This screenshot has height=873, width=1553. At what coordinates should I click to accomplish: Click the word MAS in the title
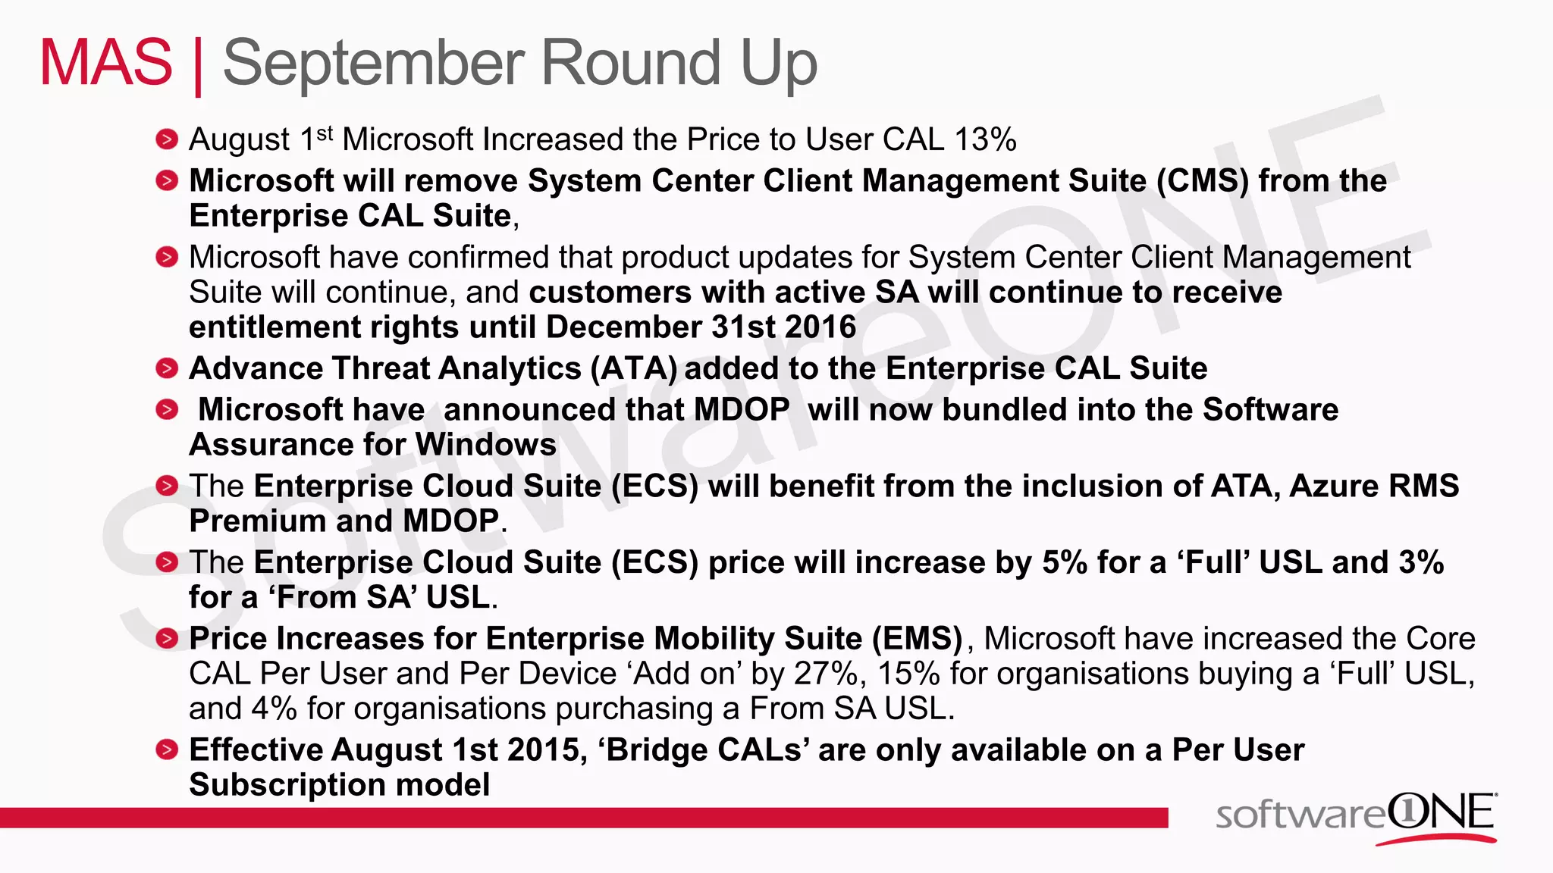pyautogui.click(x=106, y=63)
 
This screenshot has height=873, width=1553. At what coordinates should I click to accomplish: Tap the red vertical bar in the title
pyautogui.click(x=198, y=67)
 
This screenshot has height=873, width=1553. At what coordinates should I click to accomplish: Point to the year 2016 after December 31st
pyautogui.click(x=820, y=327)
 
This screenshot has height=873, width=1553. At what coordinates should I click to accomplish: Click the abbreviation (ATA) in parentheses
pyautogui.click(x=634, y=369)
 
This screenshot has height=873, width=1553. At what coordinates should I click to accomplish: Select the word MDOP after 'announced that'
pyautogui.click(x=742, y=410)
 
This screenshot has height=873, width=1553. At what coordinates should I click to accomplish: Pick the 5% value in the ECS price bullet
pyautogui.click(x=1065, y=562)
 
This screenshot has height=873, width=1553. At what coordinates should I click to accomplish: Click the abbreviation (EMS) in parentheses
pyautogui.click(x=917, y=639)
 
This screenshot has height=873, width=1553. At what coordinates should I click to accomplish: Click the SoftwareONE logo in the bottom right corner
pyautogui.click(x=1356, y=817)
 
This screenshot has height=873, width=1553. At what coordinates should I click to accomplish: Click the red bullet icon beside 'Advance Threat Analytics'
pyautogui.click(x=167, y=369)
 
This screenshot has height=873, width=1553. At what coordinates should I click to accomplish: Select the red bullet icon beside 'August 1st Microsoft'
pyautogui.click(x=167, y=140)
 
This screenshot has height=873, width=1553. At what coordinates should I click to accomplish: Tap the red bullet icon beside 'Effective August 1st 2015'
pyautogui.click(x=167, y=750)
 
